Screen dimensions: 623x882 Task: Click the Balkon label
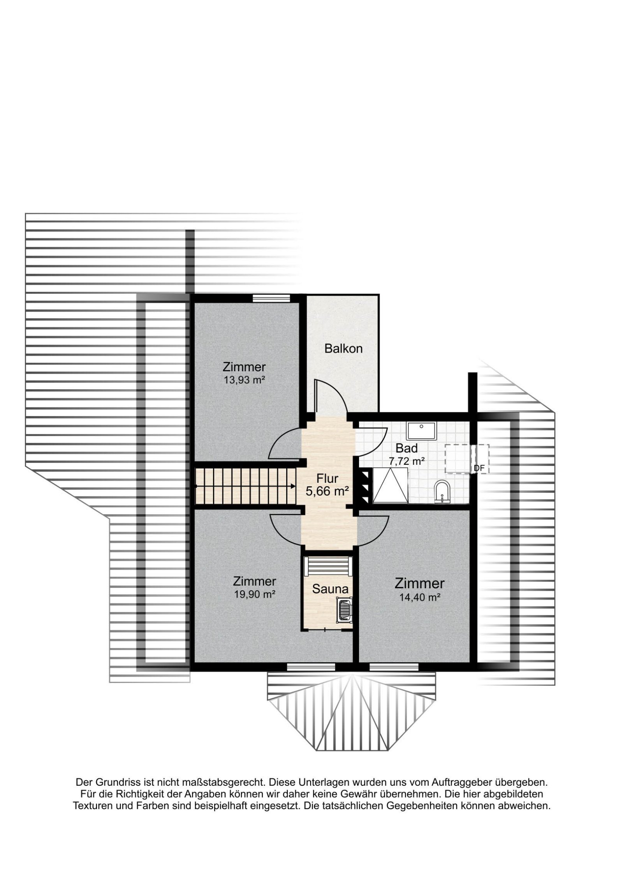(x=343, y=348)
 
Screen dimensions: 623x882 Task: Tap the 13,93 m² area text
(x=244, y=379)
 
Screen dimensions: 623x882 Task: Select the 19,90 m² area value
(x=255, y=594)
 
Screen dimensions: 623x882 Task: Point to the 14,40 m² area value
(x=420, y=597)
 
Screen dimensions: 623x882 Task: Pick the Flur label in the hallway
(x=327, y=478)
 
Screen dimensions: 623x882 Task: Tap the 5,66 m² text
(x=327, y=491)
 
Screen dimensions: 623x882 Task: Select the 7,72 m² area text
(x=407, y=461)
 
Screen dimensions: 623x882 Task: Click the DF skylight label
(x=479, y=469)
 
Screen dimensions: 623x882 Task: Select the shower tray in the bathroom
(x=390, y=485)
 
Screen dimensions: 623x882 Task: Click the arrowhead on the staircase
(x=292, y=486)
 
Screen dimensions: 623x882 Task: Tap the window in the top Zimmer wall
(x=271, y=298)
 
